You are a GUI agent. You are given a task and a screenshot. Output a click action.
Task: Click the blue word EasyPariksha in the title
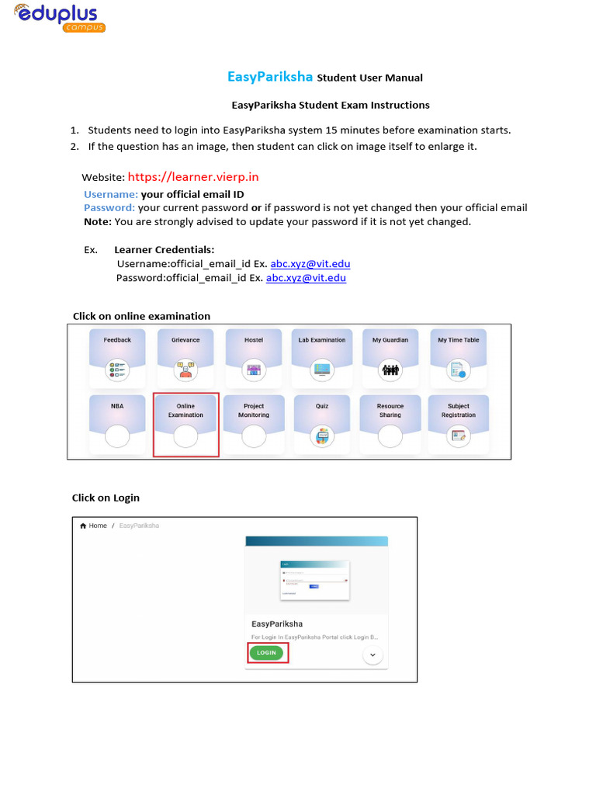tap(270, 77)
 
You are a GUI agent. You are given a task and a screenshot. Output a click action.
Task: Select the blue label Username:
tap(111, 194)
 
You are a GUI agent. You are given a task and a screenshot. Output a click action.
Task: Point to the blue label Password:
tap(109, 207)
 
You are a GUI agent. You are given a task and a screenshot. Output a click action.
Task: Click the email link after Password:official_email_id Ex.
tap(306, 277)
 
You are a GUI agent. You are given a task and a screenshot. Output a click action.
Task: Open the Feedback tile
tap(117, 358)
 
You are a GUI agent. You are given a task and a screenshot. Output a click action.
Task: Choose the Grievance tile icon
tap(185, 370)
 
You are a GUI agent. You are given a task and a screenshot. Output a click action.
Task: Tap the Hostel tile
tap(254, 358)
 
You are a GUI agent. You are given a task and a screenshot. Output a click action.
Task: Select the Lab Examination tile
tap(322, 358)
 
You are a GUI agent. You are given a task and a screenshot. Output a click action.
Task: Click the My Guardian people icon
tap(390, 370)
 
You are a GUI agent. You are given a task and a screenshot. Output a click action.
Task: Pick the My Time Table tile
tap(459, 358)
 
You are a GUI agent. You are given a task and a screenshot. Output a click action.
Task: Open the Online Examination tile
tap(185, 425)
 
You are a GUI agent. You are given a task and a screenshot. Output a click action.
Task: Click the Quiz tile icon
tap(322, 437)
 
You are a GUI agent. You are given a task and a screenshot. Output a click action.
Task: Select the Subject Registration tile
tap(459, 425)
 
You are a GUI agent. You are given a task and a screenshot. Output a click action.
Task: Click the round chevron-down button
tap(373, 655)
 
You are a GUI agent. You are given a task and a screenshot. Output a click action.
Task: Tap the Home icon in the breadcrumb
tap(84, 526)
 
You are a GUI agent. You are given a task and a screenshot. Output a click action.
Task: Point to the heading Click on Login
tap(106, 498)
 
